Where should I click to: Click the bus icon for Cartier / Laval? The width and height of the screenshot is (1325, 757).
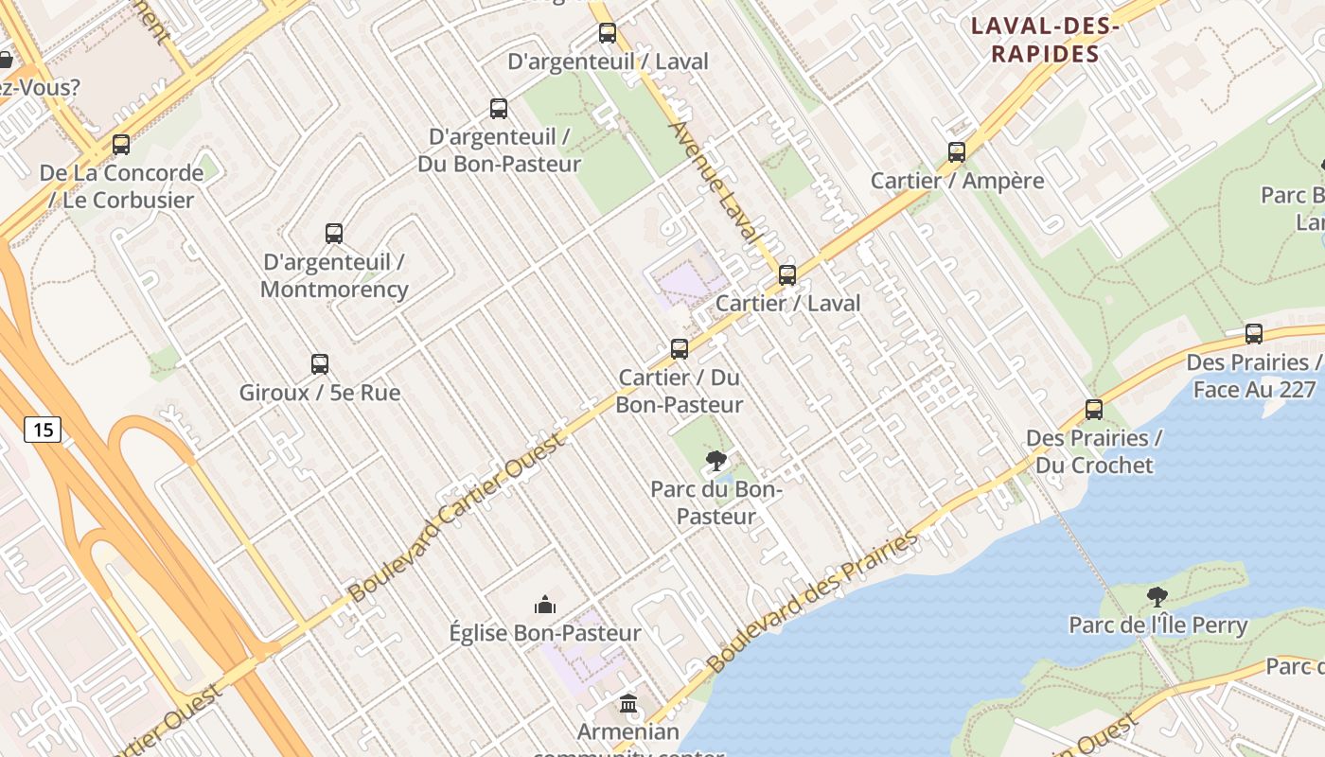786,275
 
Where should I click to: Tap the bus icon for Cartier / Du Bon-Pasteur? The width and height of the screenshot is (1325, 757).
680,349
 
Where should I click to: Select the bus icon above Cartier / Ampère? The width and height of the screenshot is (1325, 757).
957,152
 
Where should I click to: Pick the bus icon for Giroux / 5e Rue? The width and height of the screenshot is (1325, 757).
320,364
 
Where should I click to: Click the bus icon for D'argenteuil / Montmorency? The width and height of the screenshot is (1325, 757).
334,234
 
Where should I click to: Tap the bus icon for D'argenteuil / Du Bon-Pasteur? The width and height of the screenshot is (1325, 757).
499,109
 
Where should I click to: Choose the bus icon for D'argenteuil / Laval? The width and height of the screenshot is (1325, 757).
608,34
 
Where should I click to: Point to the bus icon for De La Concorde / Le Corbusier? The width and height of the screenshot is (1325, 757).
121,145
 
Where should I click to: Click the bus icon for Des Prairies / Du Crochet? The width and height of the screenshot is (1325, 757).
1094,410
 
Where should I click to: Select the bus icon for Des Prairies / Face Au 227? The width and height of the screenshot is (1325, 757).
1254,334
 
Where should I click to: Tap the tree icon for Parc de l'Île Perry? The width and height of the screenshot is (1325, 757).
1157,597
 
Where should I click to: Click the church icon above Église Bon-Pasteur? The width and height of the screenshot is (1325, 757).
545,605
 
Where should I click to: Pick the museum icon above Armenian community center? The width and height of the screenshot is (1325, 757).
628,704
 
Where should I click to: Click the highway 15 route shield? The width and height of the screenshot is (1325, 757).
43,430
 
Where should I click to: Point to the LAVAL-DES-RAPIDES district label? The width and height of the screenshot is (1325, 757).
1045,40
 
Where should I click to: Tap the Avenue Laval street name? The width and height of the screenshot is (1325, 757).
715,180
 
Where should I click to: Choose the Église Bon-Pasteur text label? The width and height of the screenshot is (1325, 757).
545,633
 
